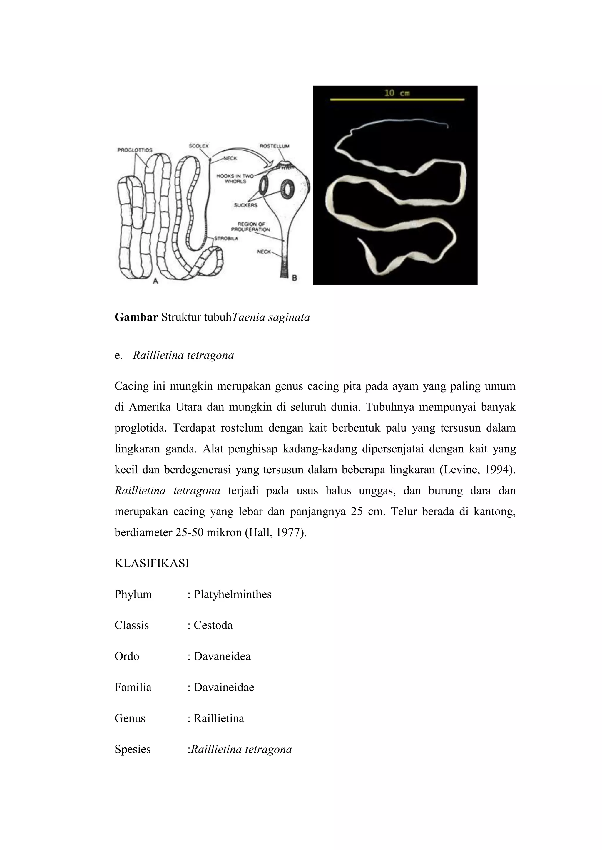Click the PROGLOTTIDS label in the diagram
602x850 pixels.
135,150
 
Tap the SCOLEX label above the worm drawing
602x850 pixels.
199,146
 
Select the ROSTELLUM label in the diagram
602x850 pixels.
274,146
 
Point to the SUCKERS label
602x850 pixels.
245,205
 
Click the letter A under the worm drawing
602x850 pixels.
156,281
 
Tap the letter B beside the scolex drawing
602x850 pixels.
294,278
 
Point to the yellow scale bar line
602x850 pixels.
397,100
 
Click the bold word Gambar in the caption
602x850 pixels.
136,318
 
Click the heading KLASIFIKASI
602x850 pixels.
152,564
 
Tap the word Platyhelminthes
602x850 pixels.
233,594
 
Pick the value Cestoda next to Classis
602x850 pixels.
213,626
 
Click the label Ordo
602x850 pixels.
127,656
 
